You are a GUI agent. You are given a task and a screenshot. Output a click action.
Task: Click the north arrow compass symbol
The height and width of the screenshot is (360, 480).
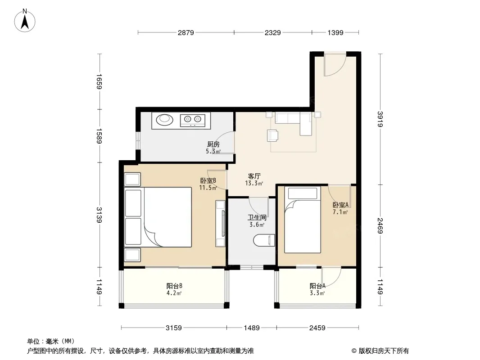point(25,21)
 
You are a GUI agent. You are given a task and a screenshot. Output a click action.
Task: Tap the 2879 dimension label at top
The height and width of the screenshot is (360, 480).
point(186,32)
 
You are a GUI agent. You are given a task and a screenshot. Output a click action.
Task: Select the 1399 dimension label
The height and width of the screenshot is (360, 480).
point(335,32)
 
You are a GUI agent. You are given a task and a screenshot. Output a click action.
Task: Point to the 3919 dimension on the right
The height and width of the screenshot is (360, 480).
point(380,119)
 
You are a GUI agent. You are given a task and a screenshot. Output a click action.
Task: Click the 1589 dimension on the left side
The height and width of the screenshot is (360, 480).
point(99,136)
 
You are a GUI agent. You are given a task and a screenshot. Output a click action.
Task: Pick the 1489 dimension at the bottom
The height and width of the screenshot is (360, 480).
point(252,328)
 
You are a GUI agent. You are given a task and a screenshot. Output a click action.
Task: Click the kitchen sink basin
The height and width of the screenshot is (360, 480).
point(164,119)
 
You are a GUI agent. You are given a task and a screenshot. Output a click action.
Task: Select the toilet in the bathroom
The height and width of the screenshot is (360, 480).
point(264,240)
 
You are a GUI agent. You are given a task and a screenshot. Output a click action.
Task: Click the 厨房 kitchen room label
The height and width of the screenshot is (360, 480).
point(213,144)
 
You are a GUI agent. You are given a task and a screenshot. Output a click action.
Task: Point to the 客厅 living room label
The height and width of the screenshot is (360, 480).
point(254,176)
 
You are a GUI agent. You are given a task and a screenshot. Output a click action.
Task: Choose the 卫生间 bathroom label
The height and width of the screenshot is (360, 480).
point(257,217)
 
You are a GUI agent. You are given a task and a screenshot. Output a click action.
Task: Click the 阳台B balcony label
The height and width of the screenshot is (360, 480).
point(175,286)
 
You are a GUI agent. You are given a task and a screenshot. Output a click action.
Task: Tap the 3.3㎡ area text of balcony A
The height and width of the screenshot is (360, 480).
point(317,293)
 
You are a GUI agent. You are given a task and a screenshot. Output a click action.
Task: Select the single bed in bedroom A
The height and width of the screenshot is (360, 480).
point(303,220)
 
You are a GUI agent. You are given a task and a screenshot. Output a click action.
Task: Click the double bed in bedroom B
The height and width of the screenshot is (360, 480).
point(158,217)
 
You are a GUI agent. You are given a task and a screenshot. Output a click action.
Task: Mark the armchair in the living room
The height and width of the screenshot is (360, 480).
point(273,135)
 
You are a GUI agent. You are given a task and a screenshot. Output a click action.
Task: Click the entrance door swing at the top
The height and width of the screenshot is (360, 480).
point(335,64)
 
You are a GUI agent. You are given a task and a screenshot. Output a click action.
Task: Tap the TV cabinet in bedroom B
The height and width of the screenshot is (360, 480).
point(220,223)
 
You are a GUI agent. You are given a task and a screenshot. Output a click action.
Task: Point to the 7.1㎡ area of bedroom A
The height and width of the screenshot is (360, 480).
point(340,212)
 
